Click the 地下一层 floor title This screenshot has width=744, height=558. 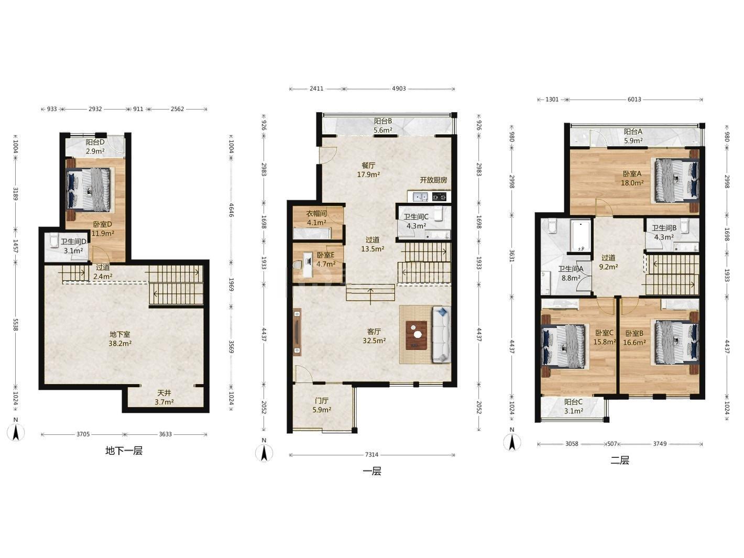pos(124,451)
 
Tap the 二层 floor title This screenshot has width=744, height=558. pos(620,461)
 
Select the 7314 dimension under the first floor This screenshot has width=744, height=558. pos(371,455)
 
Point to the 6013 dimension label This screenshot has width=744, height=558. pos(634,99)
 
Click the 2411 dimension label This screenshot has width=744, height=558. pos(316,89)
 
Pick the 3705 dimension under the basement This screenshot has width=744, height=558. pos(83,434)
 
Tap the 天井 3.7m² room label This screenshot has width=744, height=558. pos(165,397)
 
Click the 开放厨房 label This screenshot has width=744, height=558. pos(433,180)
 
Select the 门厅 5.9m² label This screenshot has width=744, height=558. pos(322,405)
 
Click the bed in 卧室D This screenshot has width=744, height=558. pos(89,190)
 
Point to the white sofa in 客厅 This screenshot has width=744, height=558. pos(441,334)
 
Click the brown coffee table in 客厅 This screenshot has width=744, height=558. pos(416,335)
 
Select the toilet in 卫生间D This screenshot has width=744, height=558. pos(54,239)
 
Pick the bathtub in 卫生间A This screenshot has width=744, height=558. pos(581,236)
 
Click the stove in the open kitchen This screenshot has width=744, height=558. pos(439,196)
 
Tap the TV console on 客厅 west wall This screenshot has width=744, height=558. pos(297,332)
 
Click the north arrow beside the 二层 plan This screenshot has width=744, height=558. pos(512,442)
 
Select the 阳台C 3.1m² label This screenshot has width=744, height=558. pos(574,406)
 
